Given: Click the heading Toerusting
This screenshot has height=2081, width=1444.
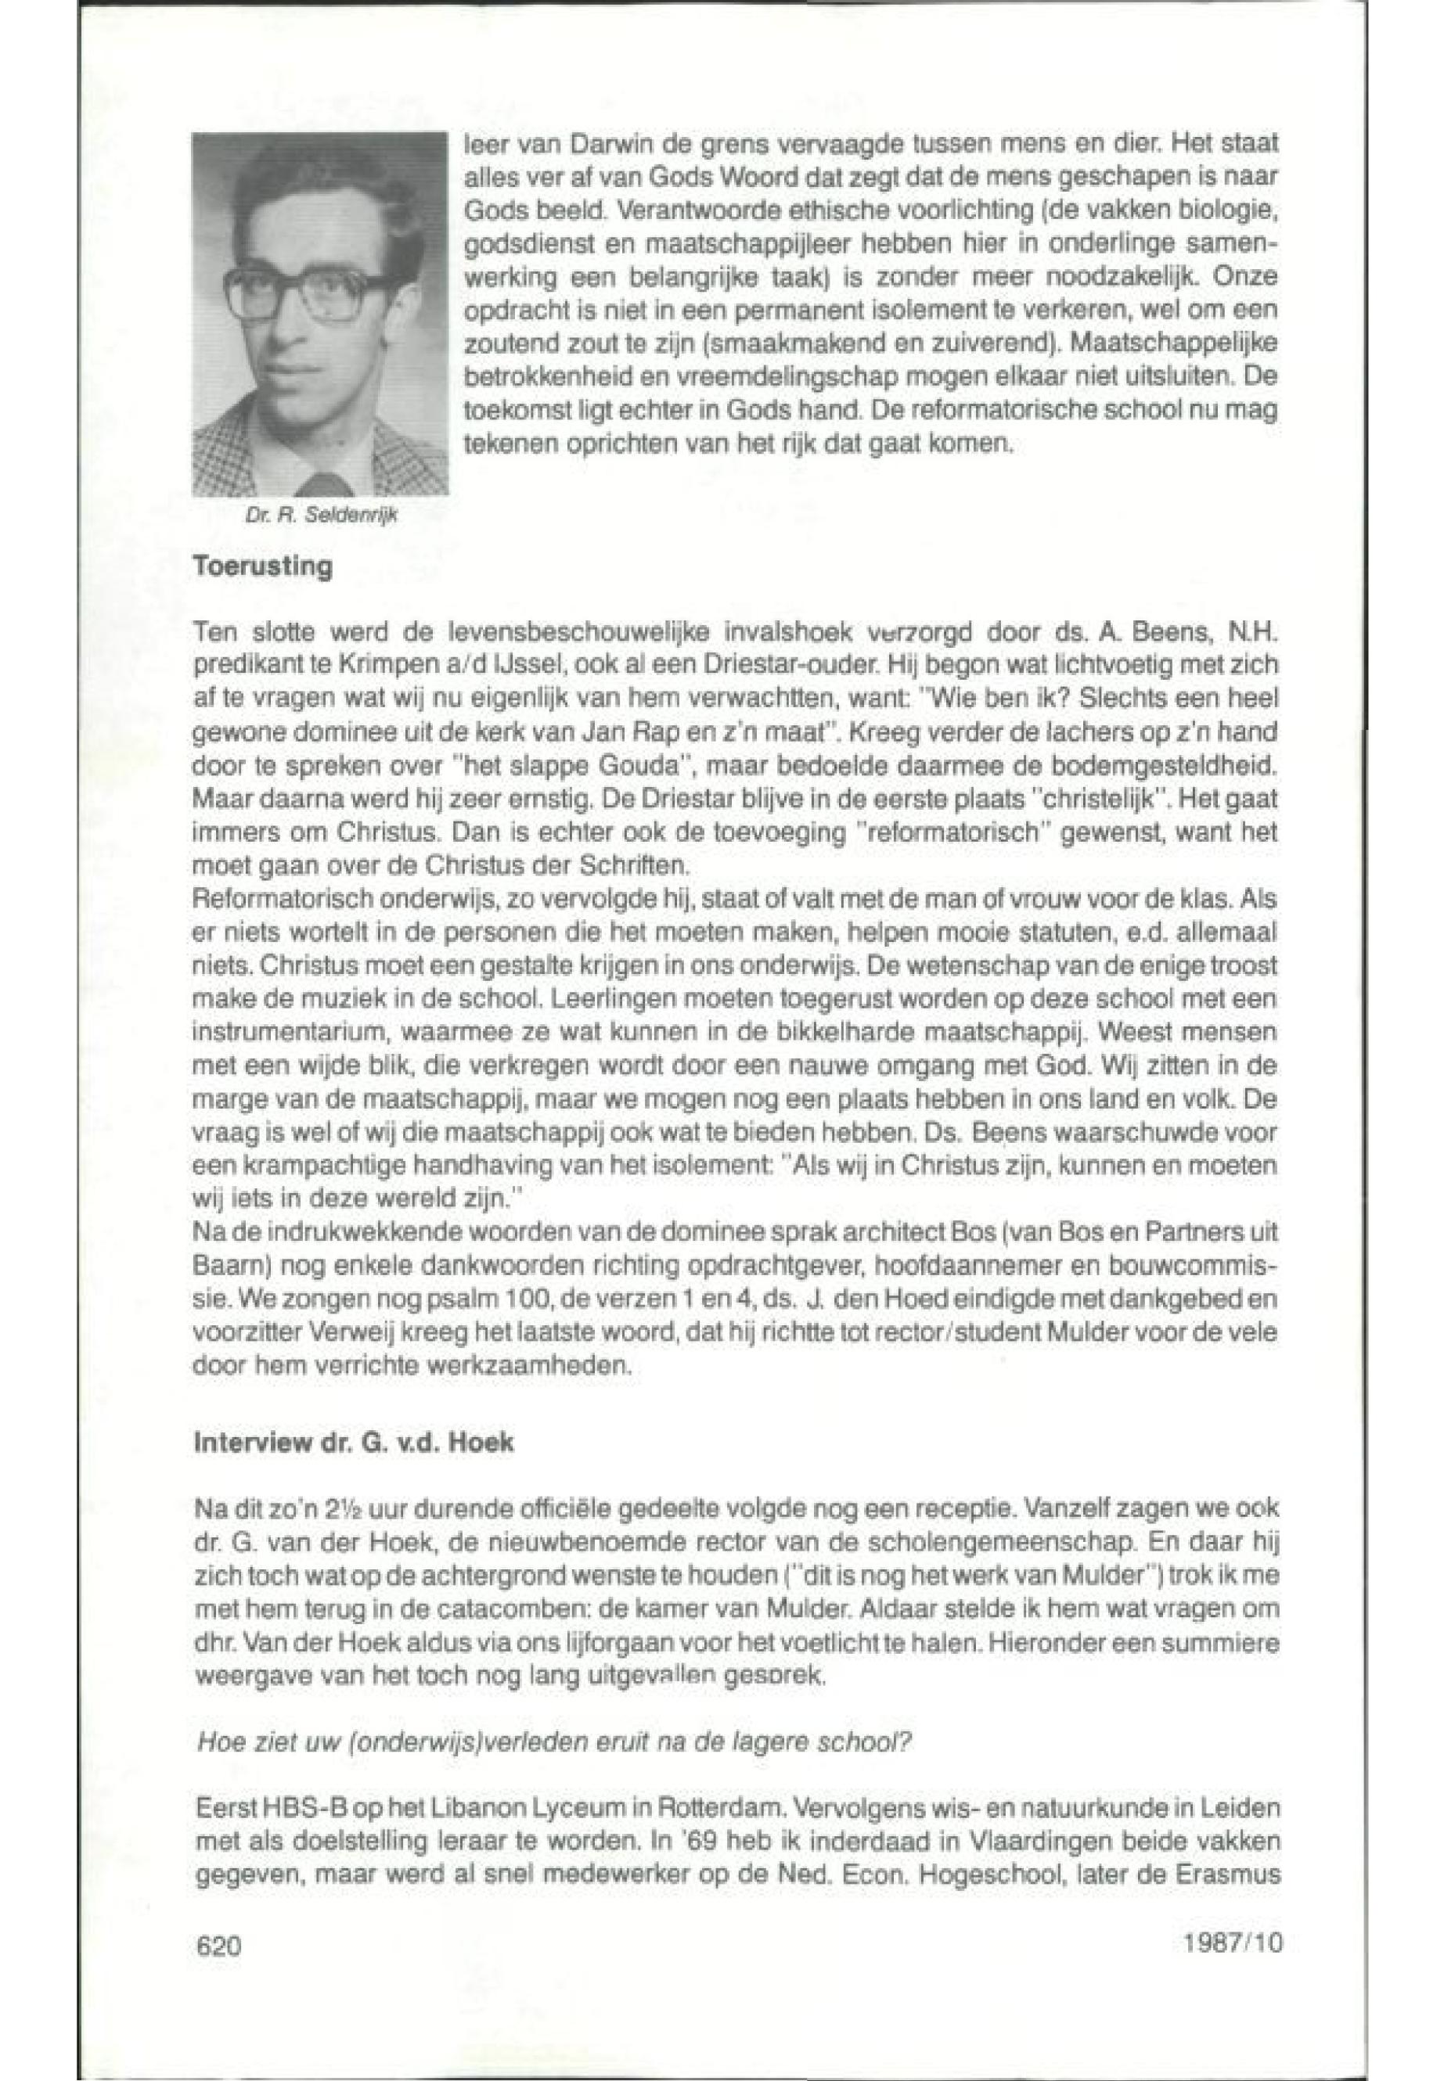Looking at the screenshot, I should coord(263,568).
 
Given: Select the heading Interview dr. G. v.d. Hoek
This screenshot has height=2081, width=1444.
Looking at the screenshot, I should coord(354,1443).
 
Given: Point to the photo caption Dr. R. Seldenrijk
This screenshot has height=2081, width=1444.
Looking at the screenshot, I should coord(321,516).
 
